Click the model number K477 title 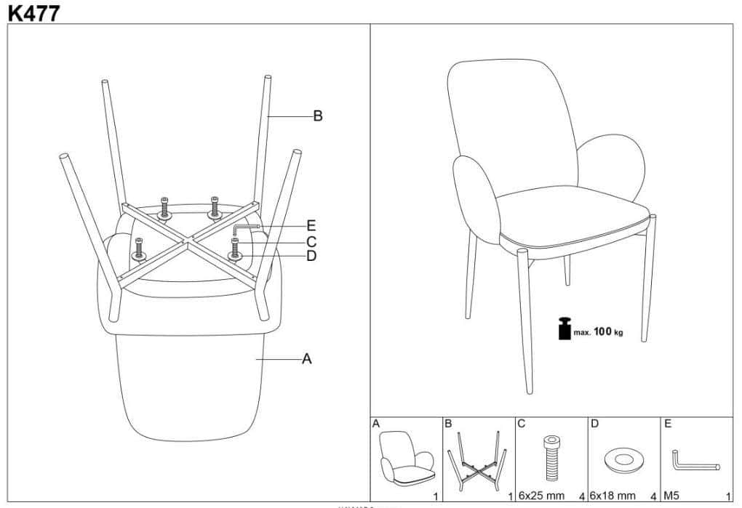tap(34, 12)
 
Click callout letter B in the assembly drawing tap(318, 116)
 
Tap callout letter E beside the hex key tap(311, 225)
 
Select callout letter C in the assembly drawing tap(311, 242)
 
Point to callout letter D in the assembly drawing tap(311, 256)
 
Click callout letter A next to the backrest tap(307, 359)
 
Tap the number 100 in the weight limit tap(602, 331)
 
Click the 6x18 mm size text tap(613, 496)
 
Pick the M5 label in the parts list tap(671, 496)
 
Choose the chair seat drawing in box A tap(407, 457)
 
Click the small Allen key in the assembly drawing tap(247, 229)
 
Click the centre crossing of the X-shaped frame tap(188, 241)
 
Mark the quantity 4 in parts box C tap(581, 496)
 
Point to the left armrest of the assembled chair tap(476, 200)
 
